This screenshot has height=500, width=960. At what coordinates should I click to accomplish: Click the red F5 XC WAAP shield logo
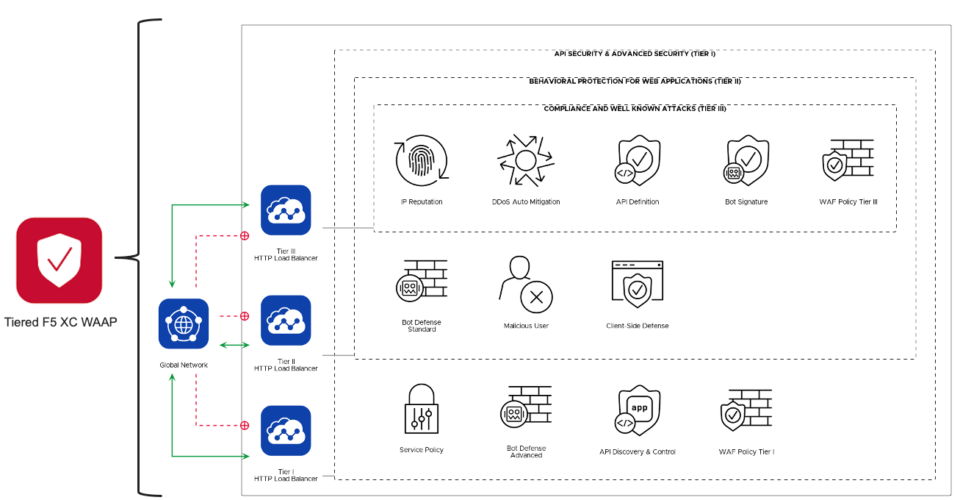(59, 260)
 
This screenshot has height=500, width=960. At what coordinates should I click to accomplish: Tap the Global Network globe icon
(184, 324)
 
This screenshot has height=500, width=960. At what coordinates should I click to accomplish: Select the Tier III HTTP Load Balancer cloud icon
(286, 210)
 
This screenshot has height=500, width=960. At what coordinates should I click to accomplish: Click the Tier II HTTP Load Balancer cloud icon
(286, 321)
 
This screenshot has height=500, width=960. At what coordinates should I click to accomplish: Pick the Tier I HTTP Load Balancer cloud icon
(286, 431)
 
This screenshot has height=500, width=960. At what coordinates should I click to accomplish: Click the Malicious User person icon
(525, 283)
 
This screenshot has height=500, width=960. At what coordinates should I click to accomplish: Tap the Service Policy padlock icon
(422, 409)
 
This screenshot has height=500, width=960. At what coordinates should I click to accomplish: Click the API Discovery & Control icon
(637, 410)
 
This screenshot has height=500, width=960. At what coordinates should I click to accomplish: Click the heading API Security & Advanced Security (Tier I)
(635, 54)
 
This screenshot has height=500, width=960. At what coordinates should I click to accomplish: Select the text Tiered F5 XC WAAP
(60, 322)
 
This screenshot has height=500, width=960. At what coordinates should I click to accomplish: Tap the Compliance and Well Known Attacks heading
(635, 109)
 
